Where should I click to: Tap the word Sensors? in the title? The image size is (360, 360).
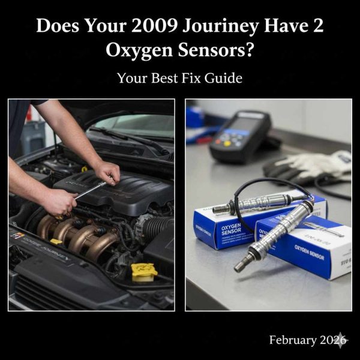click(x=220, y=52)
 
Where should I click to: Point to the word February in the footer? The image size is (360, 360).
click(x=292, y=340)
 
